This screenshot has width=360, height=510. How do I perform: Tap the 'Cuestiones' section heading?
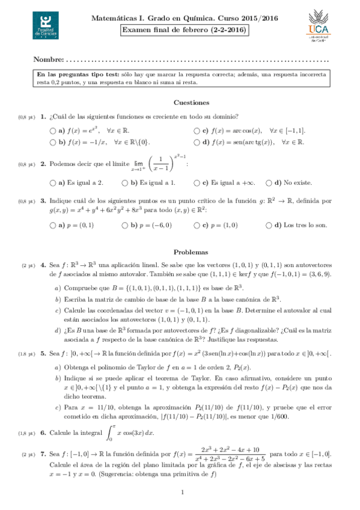click(x=191, y=103)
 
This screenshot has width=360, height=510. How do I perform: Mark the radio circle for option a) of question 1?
click(x=52, y=131)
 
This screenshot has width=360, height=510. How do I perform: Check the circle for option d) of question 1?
click(x=197, y=143)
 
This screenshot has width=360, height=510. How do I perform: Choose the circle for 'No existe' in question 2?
click(x=269, y=183)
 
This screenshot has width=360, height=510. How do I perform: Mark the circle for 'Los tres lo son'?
click(x=269, y=226)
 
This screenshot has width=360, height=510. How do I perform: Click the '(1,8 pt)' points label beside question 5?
click(x=28, y=354)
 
